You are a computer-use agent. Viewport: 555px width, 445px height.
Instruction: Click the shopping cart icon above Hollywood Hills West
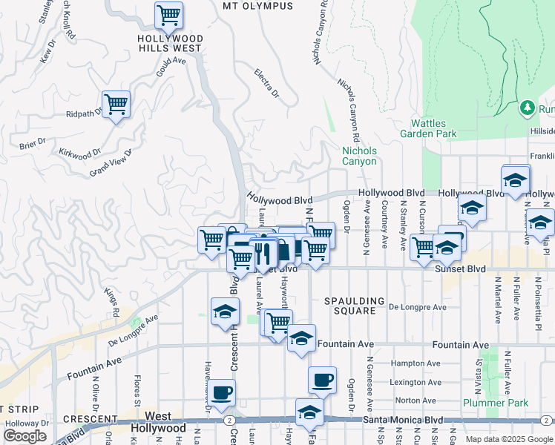pyautogui.click(x=168, y=14)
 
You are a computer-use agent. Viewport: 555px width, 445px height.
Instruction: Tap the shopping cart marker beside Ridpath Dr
pyautogui.click(x=116, y=104)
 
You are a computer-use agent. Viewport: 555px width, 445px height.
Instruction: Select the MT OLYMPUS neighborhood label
pyautogui.click(x=257, y=6)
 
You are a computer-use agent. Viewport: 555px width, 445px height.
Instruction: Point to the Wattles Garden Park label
pyautogui.click(x=428, y=129)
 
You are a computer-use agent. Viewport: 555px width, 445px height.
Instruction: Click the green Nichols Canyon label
pyautogui.click(x=359, y=156)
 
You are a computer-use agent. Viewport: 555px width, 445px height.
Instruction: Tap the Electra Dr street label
pyautogui.click(x=266, y=85)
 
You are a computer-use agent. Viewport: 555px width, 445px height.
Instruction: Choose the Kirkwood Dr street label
pyautogui.click(x=79, y=153)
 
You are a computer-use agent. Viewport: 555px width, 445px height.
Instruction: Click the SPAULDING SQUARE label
pyautogui.click(x=355, y=306)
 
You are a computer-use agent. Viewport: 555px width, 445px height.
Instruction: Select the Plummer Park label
pyautogui.click(x=495, y=403)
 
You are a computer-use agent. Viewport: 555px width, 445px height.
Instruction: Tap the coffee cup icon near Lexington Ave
pyautogui.click(x=322, y=380)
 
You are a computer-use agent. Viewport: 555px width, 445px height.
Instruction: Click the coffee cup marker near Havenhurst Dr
pyautogui.click(x=222, y=391)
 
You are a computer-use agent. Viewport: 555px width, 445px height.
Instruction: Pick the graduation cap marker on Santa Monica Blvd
pyautogui.click(x=309, y=412)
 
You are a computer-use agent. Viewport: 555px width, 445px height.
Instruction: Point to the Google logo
pyautogui.click(x=24, y=435)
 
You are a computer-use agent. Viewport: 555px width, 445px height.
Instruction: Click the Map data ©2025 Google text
pyautogui.click(x=508, y=439)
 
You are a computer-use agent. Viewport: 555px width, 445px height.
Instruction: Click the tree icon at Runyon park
pyautogui.click(x=528, y=108)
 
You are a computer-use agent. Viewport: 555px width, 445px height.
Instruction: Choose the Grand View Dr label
pyautogui.click(x=110, y=163)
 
